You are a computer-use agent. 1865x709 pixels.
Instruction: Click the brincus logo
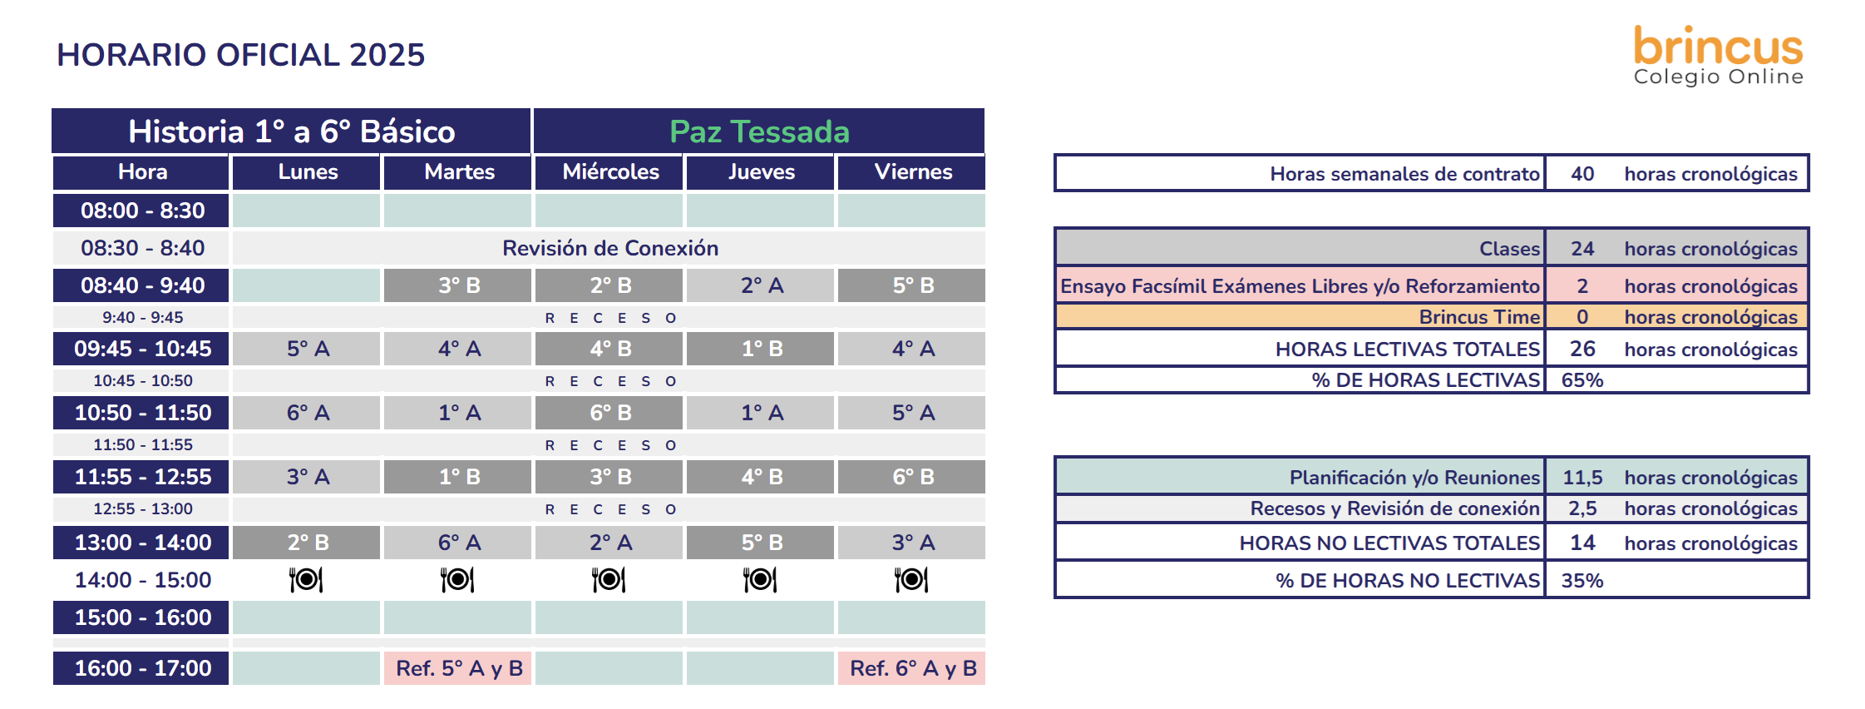(x=1718, y=55)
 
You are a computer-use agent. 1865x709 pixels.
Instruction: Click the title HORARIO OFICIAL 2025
(x=240, y=55)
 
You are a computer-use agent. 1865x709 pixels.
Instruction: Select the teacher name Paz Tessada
(x=759, y=131)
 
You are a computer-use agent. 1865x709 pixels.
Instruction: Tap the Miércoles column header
(x=610, y=172)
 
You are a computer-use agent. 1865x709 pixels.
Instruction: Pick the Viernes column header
(x=912, y=172)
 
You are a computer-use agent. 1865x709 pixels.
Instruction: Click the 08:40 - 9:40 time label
(x=142, y=285)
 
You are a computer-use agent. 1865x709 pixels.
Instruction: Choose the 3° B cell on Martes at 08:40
(x=458, y=285)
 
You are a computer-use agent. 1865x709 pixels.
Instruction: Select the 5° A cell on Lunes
(x=307, y=349)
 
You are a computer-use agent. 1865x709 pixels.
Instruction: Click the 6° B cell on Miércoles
(x=610, y=413)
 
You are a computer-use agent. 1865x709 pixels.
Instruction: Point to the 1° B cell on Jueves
(x=761, y=349)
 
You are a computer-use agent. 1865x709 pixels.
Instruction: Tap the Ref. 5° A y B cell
(x=458, y=668)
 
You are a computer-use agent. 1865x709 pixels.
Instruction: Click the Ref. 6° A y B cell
(x=912, y=668)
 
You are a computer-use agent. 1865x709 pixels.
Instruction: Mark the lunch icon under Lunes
(x=306, y=579)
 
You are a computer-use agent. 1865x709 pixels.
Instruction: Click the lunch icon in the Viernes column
(x=911, y=579)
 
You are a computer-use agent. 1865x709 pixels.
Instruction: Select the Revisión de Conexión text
(x=610, y=248)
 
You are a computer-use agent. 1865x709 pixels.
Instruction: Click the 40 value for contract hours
(x=1582, y=174)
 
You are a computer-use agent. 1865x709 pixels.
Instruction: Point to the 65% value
(x=1582, y=380)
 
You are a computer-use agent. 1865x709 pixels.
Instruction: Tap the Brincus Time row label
(x=1479, y=317)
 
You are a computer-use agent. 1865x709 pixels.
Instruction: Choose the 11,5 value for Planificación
(x=1582, y=478)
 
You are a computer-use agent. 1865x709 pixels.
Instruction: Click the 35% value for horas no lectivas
(x=1582, y=581)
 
